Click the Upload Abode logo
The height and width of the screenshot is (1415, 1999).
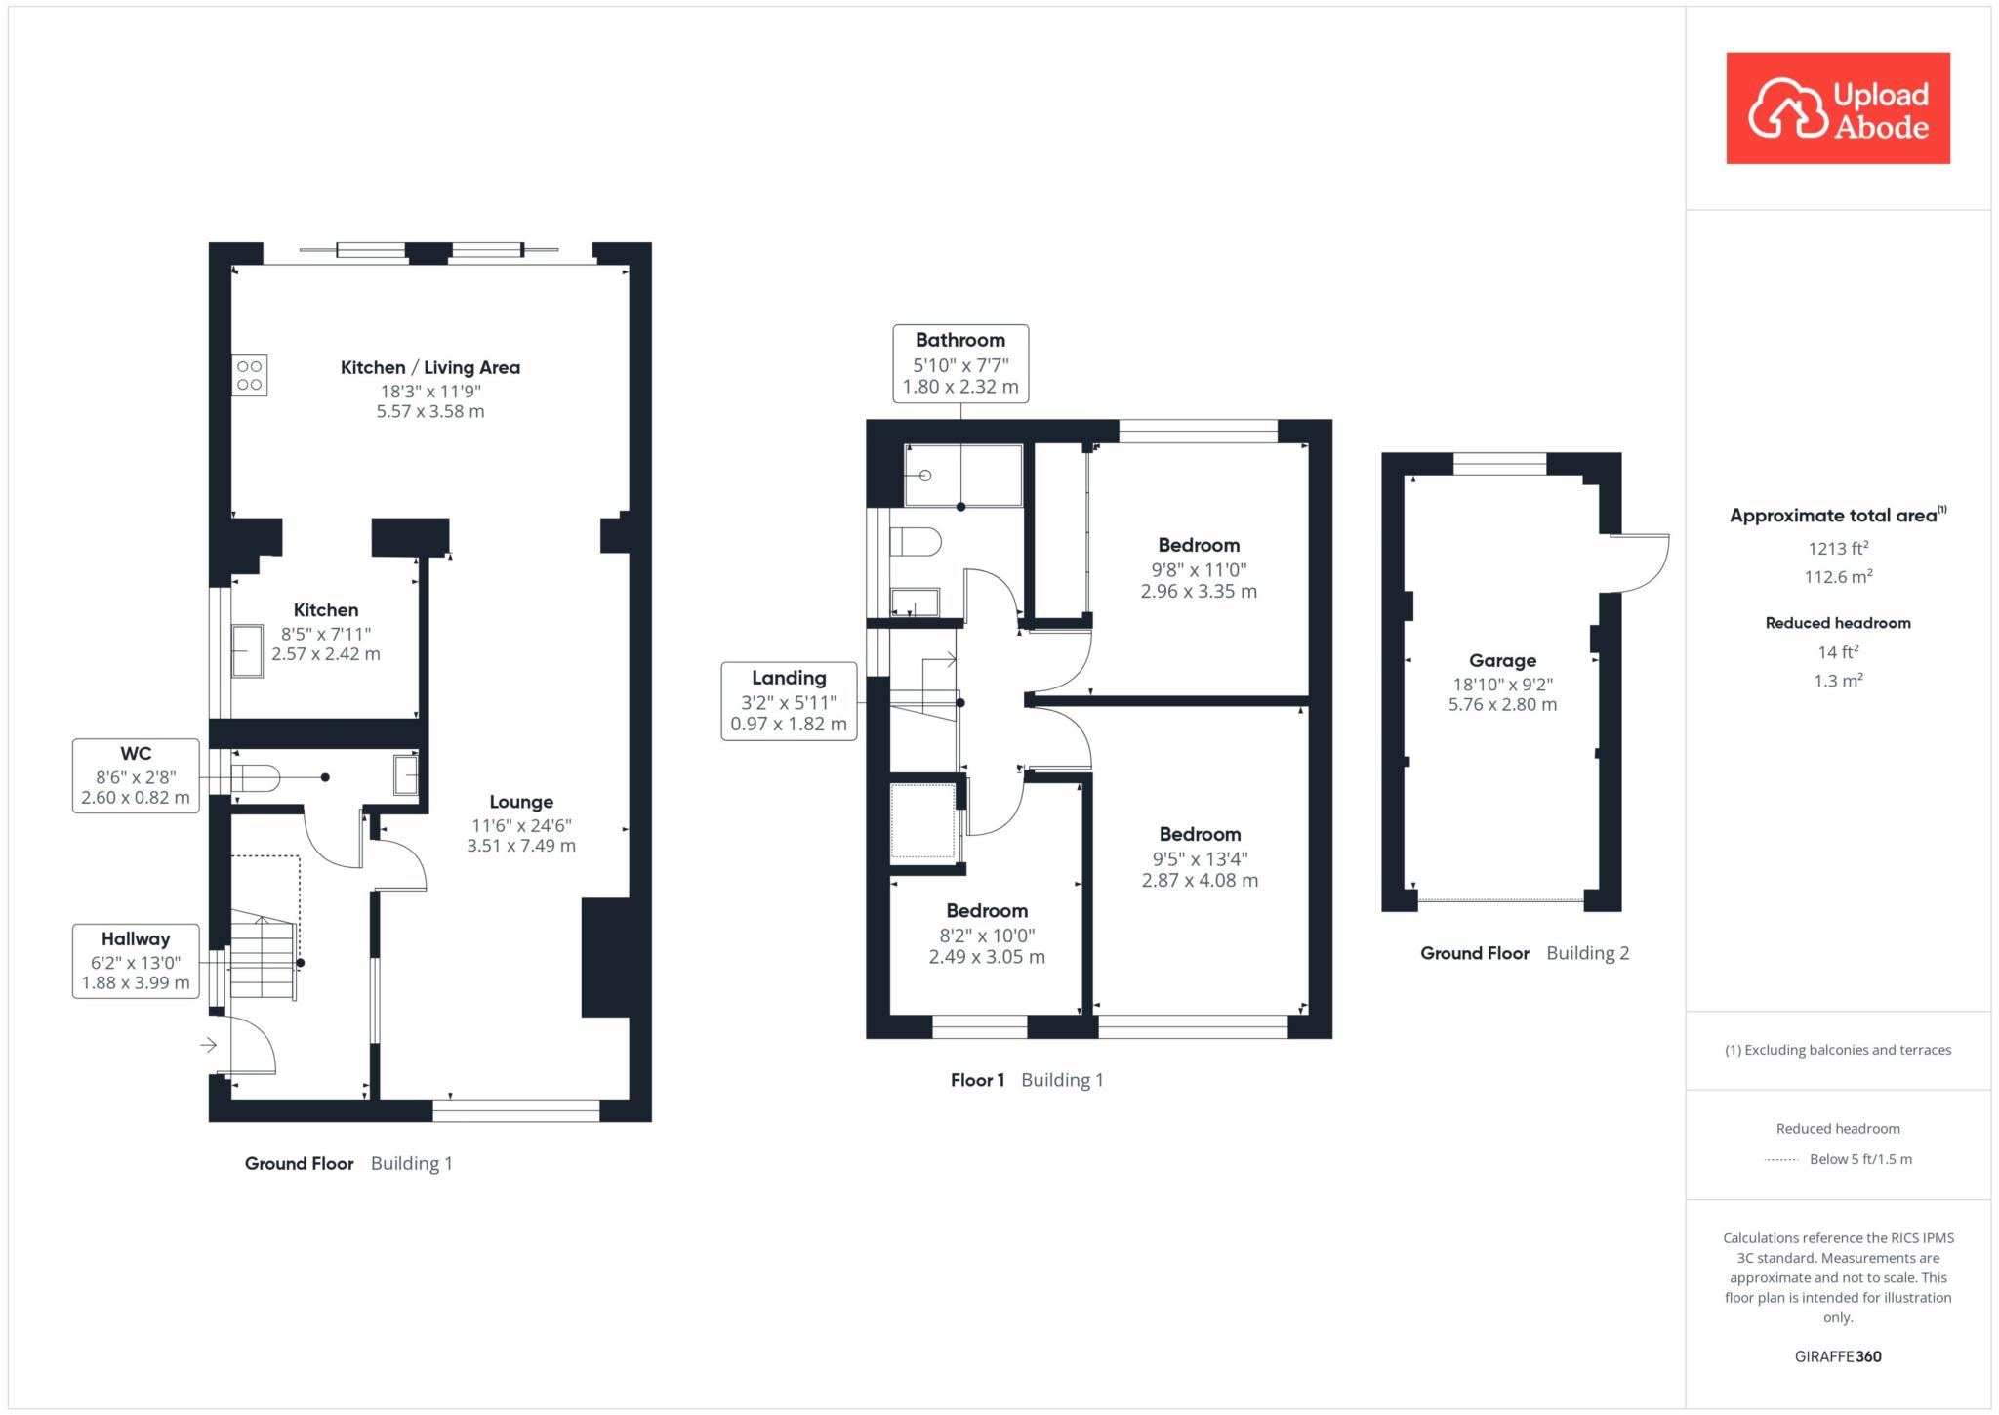pos(1838,108)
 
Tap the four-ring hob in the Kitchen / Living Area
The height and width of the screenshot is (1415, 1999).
pos(249,376)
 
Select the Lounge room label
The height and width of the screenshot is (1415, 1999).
pos(521,802)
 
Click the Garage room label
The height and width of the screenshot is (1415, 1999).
pos(1502,660)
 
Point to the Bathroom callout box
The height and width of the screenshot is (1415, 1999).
pos(960,363)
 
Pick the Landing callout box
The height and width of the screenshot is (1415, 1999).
pos(789,701)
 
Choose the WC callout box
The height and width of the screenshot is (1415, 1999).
pos(136,775)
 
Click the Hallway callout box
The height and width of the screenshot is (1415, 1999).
pos(136,961)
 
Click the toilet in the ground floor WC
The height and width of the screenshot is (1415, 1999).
pos(256,777)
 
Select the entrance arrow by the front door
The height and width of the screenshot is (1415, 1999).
pos(208,1046)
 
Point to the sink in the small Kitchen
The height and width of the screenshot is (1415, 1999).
pos(247,650)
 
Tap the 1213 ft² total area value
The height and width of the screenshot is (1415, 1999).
pos(1838,548)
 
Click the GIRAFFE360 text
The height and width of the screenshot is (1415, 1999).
pos(1838,1355)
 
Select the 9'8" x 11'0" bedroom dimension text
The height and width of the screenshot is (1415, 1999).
pos(1199,570)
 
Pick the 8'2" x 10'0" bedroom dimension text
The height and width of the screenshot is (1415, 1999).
pos(987,936)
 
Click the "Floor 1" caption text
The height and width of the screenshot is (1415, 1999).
pos(977,1080)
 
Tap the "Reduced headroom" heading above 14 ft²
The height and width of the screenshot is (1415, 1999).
pos(1838,623)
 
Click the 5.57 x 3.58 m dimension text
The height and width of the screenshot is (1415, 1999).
pos(430,411)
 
